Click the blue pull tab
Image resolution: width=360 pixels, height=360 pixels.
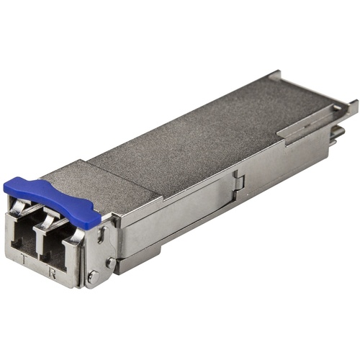50,199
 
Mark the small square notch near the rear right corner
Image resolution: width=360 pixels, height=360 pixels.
337,107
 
